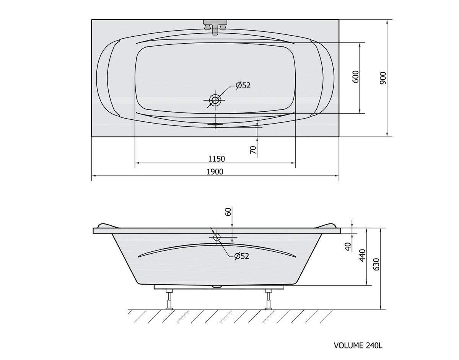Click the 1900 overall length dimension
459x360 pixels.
tap(215, 171)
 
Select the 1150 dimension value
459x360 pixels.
tap(216, 159)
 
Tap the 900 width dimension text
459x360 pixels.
tap(383, 78)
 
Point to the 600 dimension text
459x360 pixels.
tap(355, 77)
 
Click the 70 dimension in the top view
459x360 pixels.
tap(253, 150)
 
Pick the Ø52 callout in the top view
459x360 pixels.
tap(243, 85)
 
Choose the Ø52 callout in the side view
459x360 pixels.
tap(242, 256)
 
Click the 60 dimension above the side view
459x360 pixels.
tap(228, 212)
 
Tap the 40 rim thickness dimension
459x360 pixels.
tap(348, 247)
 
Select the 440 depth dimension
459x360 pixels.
tap(362, 256)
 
